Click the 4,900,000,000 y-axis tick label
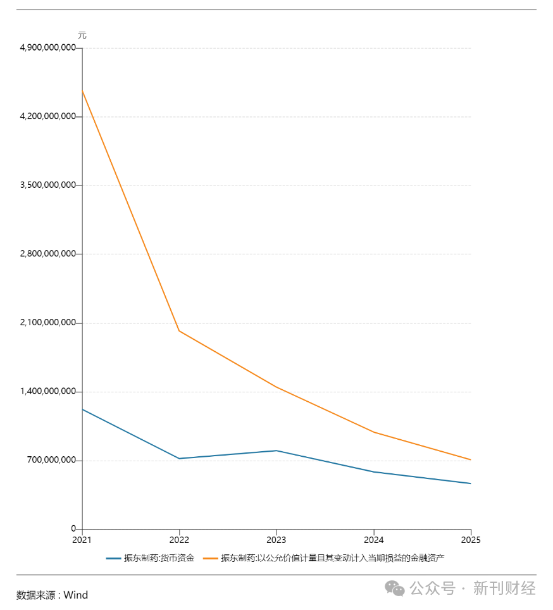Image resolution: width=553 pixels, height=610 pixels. [48, 48]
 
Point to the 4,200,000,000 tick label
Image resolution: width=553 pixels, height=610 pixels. [48, 116]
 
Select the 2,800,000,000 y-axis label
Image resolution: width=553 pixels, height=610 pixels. [48, 254]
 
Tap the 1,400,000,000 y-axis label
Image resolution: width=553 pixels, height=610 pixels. [48, 392]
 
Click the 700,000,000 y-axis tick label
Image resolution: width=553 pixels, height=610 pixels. [53, 460]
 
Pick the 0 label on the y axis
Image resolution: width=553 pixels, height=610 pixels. [73, 529]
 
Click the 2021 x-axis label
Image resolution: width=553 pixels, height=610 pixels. [82, 540]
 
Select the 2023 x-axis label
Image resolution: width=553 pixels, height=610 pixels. [276, 540]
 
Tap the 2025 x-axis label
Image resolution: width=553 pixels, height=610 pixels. [471, 540]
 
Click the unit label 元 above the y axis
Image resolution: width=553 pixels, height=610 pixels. [82, 35]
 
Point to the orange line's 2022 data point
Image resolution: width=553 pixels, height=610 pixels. [180, 331]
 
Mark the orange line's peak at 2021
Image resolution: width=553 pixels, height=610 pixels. [83, 91]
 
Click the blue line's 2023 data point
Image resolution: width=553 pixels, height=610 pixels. [276, 451]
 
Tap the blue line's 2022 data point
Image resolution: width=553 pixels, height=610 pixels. [180, 458]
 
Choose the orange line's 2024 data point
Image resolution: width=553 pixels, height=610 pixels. [374, 432]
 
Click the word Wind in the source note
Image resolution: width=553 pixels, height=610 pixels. [75, 595]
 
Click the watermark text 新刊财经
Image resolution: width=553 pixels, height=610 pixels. [504, 588]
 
